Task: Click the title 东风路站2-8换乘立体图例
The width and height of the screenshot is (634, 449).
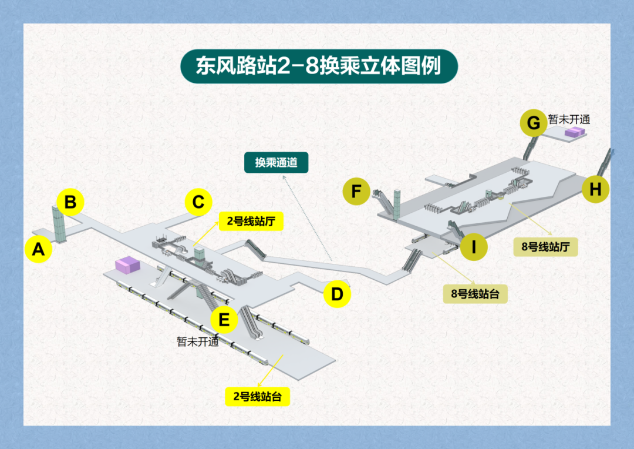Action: pyautogui.click(x=318, y=66)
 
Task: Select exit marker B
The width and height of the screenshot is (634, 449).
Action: pyautogui.click(x=70, y=203)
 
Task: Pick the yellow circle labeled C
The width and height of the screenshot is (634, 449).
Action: pyautogui.click(x=198, y=202)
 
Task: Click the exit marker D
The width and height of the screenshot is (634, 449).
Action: pyautogui.click(x=337, y=294)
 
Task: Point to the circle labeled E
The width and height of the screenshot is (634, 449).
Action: pyautogui.click(x=224, y=320)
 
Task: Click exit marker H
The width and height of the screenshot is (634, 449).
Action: pyautogui.click(x=595, y=190)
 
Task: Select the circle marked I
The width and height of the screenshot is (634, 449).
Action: pyautogui.click(x=474, y=247)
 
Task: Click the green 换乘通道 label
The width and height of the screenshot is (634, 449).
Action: pyautogui.click(x=276, y=163)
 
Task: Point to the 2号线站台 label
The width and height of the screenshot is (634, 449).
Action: pyautogui.click(x=258, y=396)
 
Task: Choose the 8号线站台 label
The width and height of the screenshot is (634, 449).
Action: pyautogui.click(x=475, y=294)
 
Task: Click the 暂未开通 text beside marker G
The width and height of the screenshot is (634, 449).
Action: pyautogui.click(x=569, y=119)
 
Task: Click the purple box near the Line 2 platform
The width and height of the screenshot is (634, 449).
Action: pyautogui.click(x=128, y=265)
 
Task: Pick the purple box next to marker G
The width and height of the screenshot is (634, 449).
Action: pyautogui.click(x=575, y=132)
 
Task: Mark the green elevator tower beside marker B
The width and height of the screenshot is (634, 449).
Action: pyautogui.click(x=60, y=223)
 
